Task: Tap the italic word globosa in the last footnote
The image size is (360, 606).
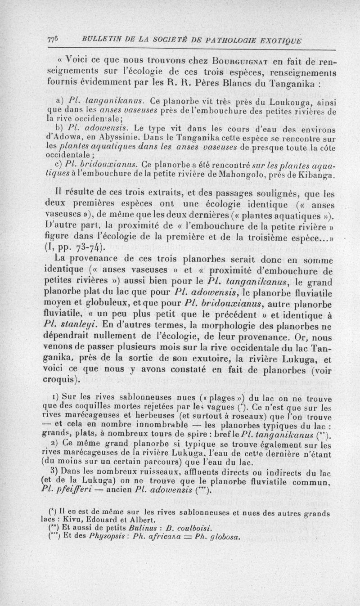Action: [222, 536]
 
